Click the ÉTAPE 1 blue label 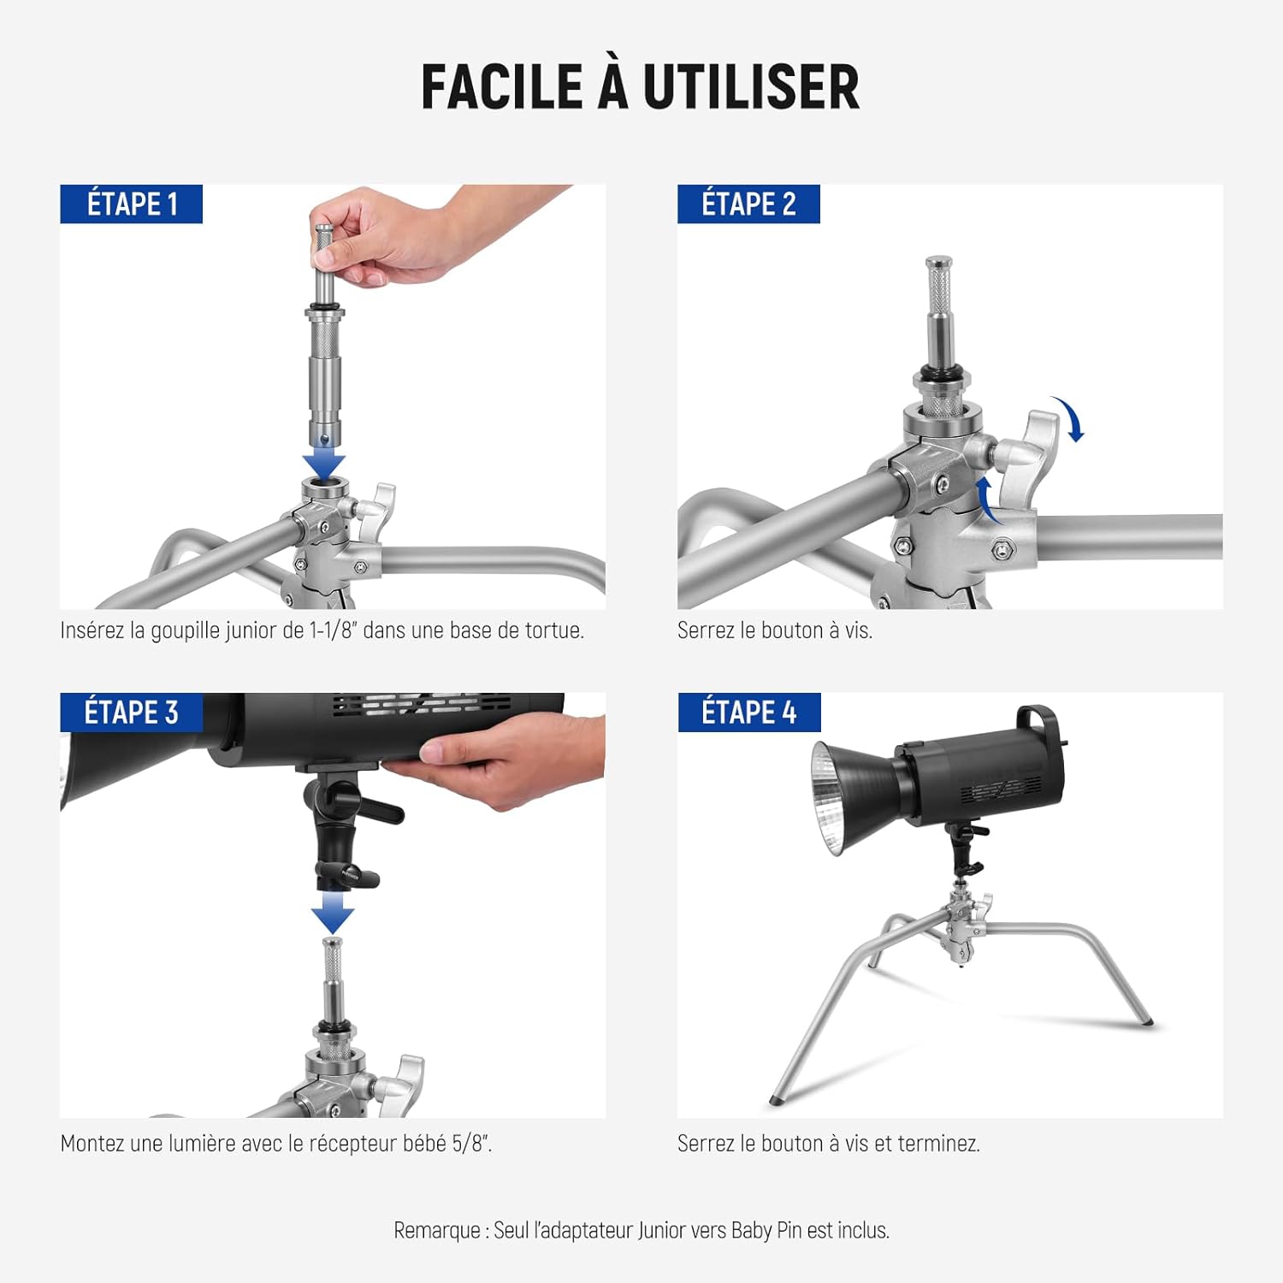tap(131, 204)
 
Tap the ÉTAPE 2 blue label tap(748, 204)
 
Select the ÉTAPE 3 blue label tap(131, 712)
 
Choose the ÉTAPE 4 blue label tap(749, 712)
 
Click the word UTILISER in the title tap(751, 86)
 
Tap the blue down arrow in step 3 tap(333, 913)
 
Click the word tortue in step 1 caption tap(554, 631)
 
